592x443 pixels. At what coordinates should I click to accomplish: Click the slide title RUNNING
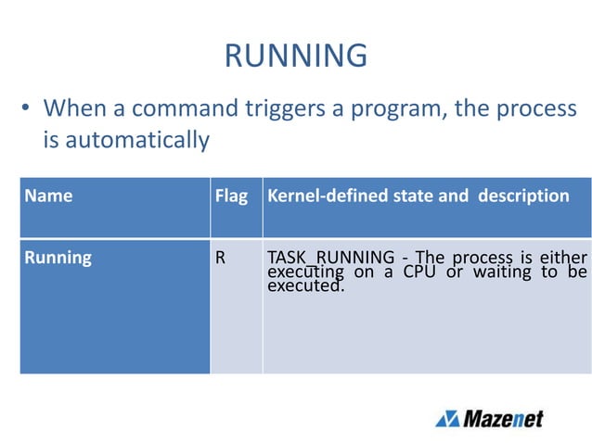click(296, 57)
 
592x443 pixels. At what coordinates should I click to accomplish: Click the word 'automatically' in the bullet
click(125, 141)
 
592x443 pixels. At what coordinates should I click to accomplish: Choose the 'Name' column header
click(49, 196)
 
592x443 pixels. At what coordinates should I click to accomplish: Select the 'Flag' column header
click(231, 196)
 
